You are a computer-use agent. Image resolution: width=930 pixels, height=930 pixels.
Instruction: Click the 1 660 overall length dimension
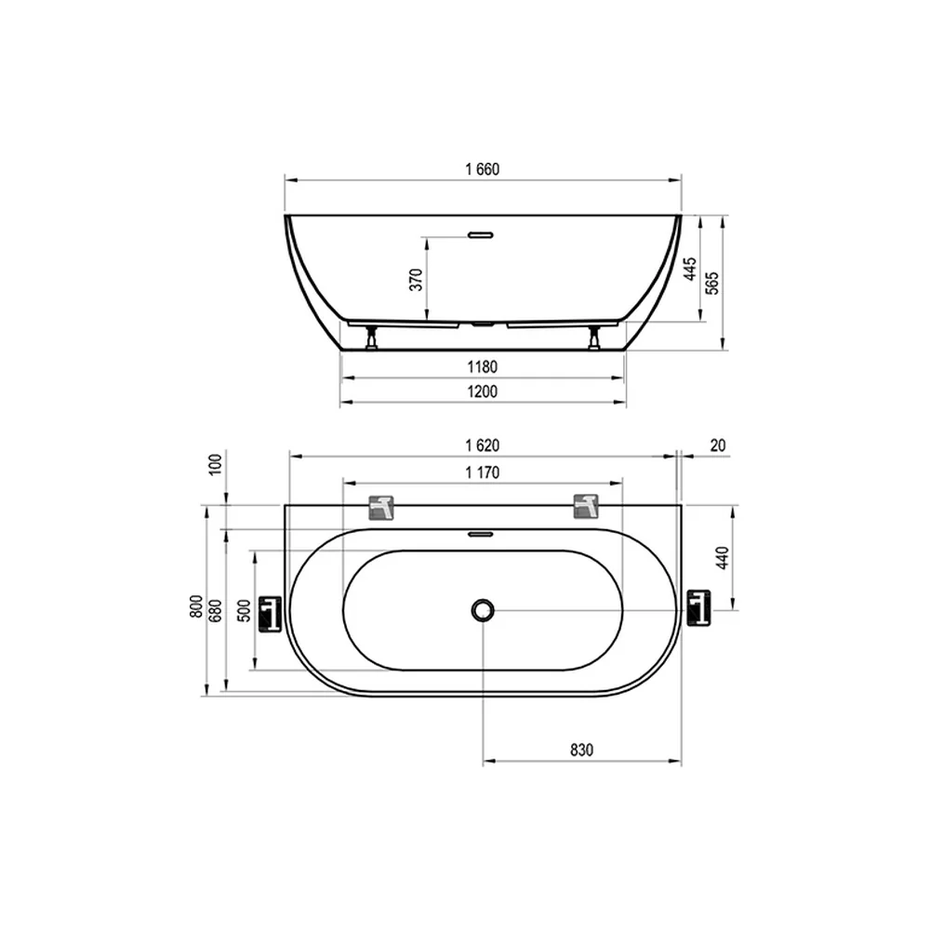(x=482, y=169)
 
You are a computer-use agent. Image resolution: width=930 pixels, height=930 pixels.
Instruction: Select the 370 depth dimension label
(x=417, y=279)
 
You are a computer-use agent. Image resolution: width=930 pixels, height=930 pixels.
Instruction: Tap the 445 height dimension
(x=690, y=270)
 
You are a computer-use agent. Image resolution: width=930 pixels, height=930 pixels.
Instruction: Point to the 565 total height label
(x=712, y=283)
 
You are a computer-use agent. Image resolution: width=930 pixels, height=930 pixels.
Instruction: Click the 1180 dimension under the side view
(x=482, y=367)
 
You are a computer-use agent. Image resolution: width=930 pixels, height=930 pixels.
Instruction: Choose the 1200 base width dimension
(x=482, y=392)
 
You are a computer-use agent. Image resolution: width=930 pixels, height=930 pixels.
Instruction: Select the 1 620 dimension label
(x=482, y=445)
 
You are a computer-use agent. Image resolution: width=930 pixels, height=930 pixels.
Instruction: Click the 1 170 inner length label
(x=482, y=472)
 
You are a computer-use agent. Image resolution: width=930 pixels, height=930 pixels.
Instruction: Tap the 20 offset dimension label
(x=718, y=445)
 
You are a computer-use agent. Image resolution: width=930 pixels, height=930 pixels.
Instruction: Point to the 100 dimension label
(x=216, y=464)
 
